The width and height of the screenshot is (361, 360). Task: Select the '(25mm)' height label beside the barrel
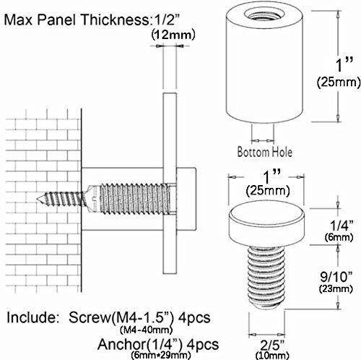coord(336,83)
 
